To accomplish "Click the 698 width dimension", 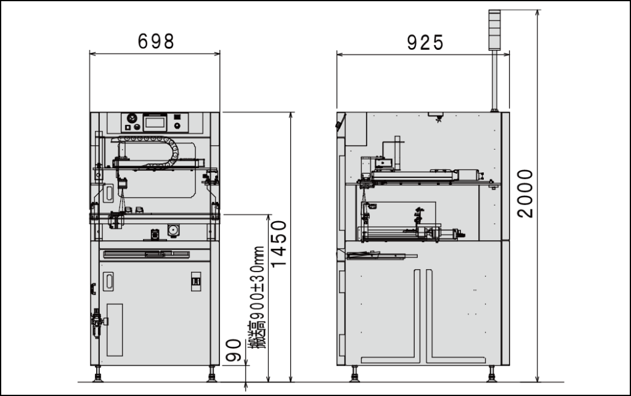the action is pos(156,41).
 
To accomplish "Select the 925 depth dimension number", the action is pos(425,42).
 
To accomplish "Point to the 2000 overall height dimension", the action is pos(525,194).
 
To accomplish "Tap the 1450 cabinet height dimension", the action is pos(279,244).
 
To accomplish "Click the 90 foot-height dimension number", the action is pos(233,350).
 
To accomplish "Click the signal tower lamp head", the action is pos(495,30).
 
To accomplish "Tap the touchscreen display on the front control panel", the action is pos(155,122).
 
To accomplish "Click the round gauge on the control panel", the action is pos(132,118).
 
